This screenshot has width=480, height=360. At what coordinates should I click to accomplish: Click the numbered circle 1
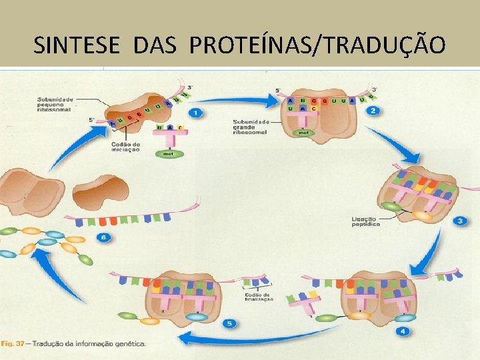(195, 113)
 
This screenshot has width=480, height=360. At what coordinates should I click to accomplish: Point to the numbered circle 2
(374, 111)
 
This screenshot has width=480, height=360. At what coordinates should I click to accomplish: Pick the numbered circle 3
(459, 221)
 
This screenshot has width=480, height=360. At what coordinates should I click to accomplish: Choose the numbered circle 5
(230, 323)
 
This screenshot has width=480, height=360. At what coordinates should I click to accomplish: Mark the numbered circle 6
(105, 236)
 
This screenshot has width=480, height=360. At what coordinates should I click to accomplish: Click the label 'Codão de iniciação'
(125, 147)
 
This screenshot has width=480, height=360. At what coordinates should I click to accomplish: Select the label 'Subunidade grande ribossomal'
(251, 127)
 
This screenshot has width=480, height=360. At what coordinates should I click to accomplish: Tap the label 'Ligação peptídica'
(365, 221)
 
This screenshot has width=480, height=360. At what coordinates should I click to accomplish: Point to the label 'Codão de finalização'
(257, 297)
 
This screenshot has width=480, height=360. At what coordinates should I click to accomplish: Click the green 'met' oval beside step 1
(168, 154)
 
